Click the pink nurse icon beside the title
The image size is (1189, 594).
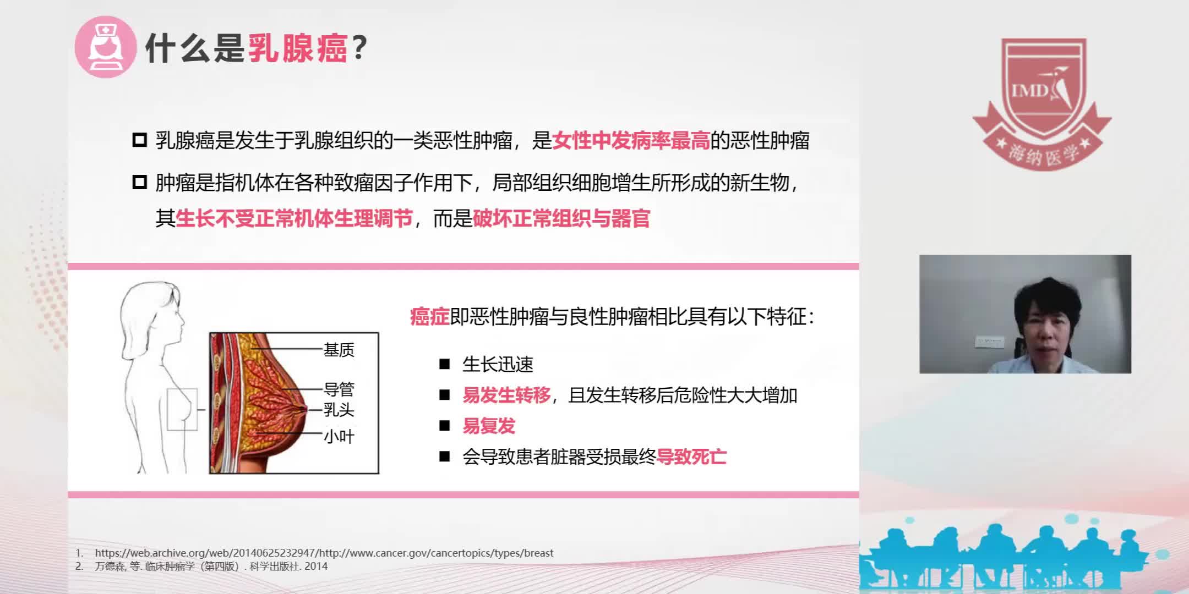(105, 47)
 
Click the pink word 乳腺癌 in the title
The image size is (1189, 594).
(298, 48)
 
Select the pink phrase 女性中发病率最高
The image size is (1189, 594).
(631, 141)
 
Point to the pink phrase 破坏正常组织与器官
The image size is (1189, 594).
(561, 219)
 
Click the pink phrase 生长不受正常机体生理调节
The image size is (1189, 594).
(294, 219)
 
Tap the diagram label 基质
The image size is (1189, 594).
(339, 350)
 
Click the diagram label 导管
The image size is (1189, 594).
(339, 389)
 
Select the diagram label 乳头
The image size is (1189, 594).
(339, 410)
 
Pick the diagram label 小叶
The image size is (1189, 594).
(339, 437)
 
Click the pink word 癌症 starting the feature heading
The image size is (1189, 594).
(430, 317)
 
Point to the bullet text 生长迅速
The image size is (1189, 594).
(498, 364)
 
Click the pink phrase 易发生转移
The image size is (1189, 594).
(506, 395)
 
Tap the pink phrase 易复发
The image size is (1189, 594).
(489, 426)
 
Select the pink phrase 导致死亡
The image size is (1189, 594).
(691, 457)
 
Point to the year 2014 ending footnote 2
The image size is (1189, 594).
(316, 566)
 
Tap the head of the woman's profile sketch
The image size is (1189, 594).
(151, 313)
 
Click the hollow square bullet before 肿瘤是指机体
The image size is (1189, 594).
(140, 182)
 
